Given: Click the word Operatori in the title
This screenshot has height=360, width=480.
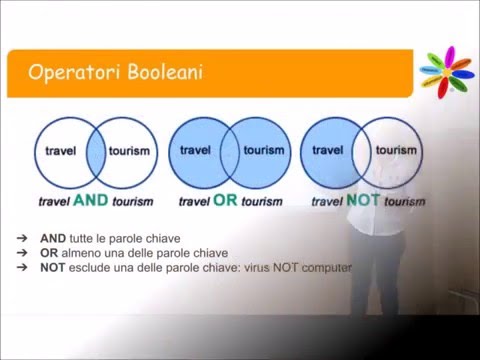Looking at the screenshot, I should click(71, 72).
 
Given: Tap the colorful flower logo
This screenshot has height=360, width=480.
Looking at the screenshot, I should click(445, 69).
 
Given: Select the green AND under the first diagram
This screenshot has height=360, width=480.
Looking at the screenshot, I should click(91, 199).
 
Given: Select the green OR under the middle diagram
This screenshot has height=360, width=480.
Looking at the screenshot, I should click(225, 199).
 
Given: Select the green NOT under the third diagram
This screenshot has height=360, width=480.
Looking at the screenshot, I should click(362, 199).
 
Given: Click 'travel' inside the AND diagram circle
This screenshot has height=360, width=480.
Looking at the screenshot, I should click(61, 152).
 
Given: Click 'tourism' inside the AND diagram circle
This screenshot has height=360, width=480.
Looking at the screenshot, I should click(130, 152).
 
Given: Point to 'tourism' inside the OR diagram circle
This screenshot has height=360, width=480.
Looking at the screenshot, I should click(263, 152).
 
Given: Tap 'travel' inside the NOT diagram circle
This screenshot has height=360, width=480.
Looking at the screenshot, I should click(327, 152).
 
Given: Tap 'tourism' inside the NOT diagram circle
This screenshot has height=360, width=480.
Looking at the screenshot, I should click(396, 152).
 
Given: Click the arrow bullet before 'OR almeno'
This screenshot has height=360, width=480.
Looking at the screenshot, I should click(21, 254).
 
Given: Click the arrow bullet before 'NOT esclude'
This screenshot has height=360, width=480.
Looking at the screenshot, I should click(21, 267).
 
